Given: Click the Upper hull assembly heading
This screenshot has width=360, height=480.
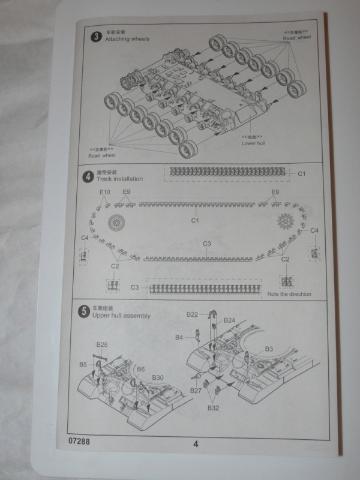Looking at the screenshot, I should (122, 316).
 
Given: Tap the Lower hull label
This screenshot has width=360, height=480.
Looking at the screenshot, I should (253, 143).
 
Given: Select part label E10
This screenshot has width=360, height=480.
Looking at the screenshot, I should (105, 192).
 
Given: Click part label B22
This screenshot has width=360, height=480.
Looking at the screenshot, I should (192, 314).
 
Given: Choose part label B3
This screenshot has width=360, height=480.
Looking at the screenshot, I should (269, 349).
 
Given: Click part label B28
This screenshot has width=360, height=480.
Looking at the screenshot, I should (102, 345).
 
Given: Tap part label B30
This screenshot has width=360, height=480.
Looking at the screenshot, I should (158, 377).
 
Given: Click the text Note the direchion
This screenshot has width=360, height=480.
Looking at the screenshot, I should (292, 295).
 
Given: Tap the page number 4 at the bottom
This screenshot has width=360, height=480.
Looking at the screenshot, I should (196, 444).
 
